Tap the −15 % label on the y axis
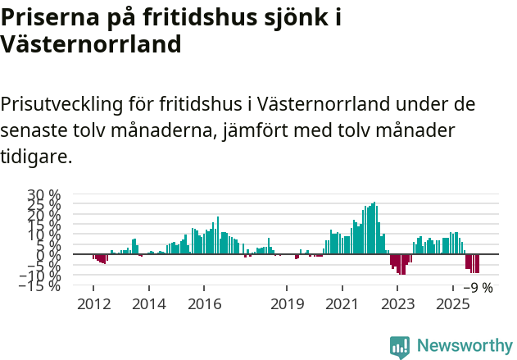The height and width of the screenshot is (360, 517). point(39,285)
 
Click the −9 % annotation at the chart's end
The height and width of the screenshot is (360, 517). point(478,288)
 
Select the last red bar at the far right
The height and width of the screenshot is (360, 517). point(477,263)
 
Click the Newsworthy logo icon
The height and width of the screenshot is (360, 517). point(400,347)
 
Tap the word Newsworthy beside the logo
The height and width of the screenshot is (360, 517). point(465,346)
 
